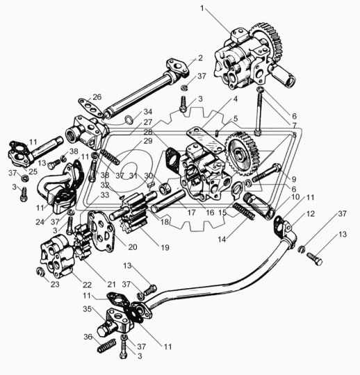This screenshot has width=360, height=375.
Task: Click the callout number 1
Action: [202, 8]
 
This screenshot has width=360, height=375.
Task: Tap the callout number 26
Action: [97, 97]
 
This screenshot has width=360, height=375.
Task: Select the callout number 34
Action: [148, 112]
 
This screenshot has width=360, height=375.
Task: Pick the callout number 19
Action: [165, 247]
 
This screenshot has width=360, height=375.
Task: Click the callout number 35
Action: [88, 309]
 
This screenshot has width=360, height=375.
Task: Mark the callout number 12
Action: [311, 214]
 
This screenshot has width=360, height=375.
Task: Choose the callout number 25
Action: [33, 172]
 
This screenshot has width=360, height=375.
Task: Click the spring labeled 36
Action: [107, 346]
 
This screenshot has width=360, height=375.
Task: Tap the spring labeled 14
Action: [244, 210]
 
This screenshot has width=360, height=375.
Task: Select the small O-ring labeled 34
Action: [129, 120]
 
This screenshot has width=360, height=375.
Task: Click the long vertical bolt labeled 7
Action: [259, 112]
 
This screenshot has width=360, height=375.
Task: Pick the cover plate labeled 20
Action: [101, 231]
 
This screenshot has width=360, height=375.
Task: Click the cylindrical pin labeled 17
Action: [168, 200]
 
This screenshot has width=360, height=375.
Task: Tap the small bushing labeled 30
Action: [164, 187]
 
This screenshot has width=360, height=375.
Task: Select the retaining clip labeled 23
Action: [40, 272]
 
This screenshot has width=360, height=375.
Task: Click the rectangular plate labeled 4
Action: [206, 140]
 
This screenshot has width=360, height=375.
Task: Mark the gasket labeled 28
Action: [173, 160]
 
